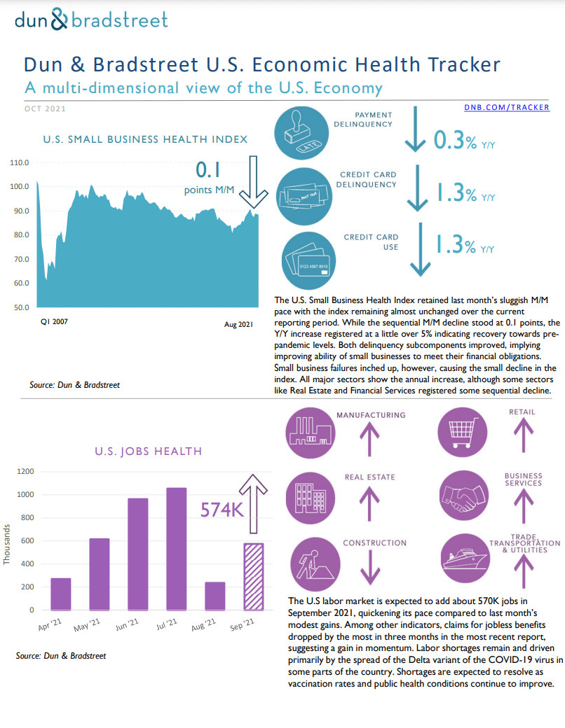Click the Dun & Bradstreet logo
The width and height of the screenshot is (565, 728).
coord(92,19)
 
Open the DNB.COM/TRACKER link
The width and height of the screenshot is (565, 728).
coord(506,107)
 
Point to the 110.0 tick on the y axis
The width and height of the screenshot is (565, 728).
coord(20,162)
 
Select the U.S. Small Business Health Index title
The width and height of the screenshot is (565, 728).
coord(145,139)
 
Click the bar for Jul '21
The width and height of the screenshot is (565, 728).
coord(177,549)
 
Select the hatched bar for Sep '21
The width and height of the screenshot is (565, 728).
coord(253,576)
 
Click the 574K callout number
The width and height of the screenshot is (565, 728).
coord(222,509)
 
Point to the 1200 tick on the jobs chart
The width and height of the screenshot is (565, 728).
coord(25,471)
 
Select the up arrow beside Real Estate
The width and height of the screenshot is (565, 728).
coord(365,503)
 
